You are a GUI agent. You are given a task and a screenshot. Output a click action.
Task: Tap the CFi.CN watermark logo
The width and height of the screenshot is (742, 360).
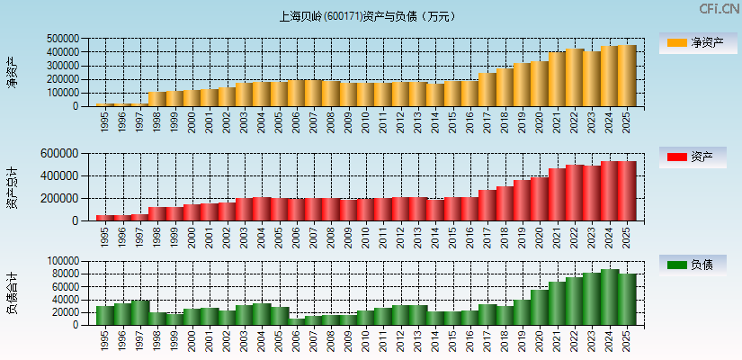719,9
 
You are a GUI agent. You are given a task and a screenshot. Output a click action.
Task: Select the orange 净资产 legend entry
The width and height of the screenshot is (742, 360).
694,43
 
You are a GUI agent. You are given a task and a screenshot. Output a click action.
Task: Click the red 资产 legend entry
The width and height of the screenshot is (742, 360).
694,157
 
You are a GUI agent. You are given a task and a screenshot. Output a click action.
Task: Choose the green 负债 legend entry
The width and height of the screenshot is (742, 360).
694,265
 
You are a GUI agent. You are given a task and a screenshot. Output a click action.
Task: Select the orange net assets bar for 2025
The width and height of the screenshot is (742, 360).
627,76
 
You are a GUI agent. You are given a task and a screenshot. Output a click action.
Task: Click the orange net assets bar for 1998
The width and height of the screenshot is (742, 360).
157,99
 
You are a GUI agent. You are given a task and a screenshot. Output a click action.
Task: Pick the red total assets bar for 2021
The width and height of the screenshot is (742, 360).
558,194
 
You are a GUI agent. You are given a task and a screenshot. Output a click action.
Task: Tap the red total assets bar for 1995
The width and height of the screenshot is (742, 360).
105,218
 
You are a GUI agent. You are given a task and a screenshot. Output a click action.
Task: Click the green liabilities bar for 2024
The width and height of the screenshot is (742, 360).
610,297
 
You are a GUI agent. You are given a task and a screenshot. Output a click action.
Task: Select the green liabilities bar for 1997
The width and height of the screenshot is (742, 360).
140,312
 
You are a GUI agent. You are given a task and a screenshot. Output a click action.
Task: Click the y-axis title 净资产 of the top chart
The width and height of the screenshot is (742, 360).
13,72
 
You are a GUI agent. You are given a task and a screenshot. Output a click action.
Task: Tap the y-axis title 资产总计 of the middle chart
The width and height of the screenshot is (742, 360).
13,187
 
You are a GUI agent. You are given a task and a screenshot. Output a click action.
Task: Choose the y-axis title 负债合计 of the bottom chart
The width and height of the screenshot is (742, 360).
13,293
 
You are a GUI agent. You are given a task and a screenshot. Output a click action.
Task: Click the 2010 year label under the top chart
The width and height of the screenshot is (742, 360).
366,121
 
